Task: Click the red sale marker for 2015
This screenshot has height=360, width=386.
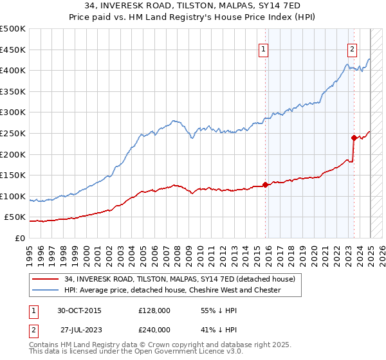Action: coord(265,184)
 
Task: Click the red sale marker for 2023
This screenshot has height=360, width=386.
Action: coord(353,138)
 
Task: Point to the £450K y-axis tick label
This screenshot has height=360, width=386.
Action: coord(13,50)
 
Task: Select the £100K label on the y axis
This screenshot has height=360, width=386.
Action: coord(13,196)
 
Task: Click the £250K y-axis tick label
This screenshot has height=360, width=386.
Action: coord(13,133)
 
